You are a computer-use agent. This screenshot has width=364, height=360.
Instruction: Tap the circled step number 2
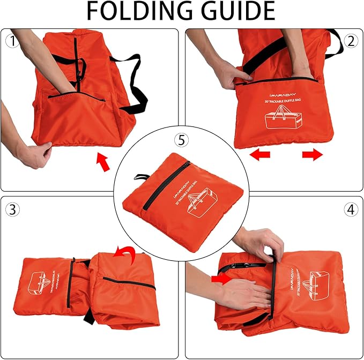[x=351, y=41]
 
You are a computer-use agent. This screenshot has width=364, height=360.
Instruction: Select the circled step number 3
[x=12, y=209]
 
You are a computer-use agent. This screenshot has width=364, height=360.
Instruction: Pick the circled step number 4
[x=351, y=209]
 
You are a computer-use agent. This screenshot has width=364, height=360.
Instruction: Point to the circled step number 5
[x=182, y=140]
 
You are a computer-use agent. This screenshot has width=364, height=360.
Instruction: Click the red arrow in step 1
[x=103, y=162]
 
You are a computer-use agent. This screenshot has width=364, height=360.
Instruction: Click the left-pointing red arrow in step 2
[x=261, y=155]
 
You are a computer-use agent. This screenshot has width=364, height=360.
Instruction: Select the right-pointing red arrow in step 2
[x=312, y=155]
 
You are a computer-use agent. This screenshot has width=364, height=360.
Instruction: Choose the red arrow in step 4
[x=220, y=279]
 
